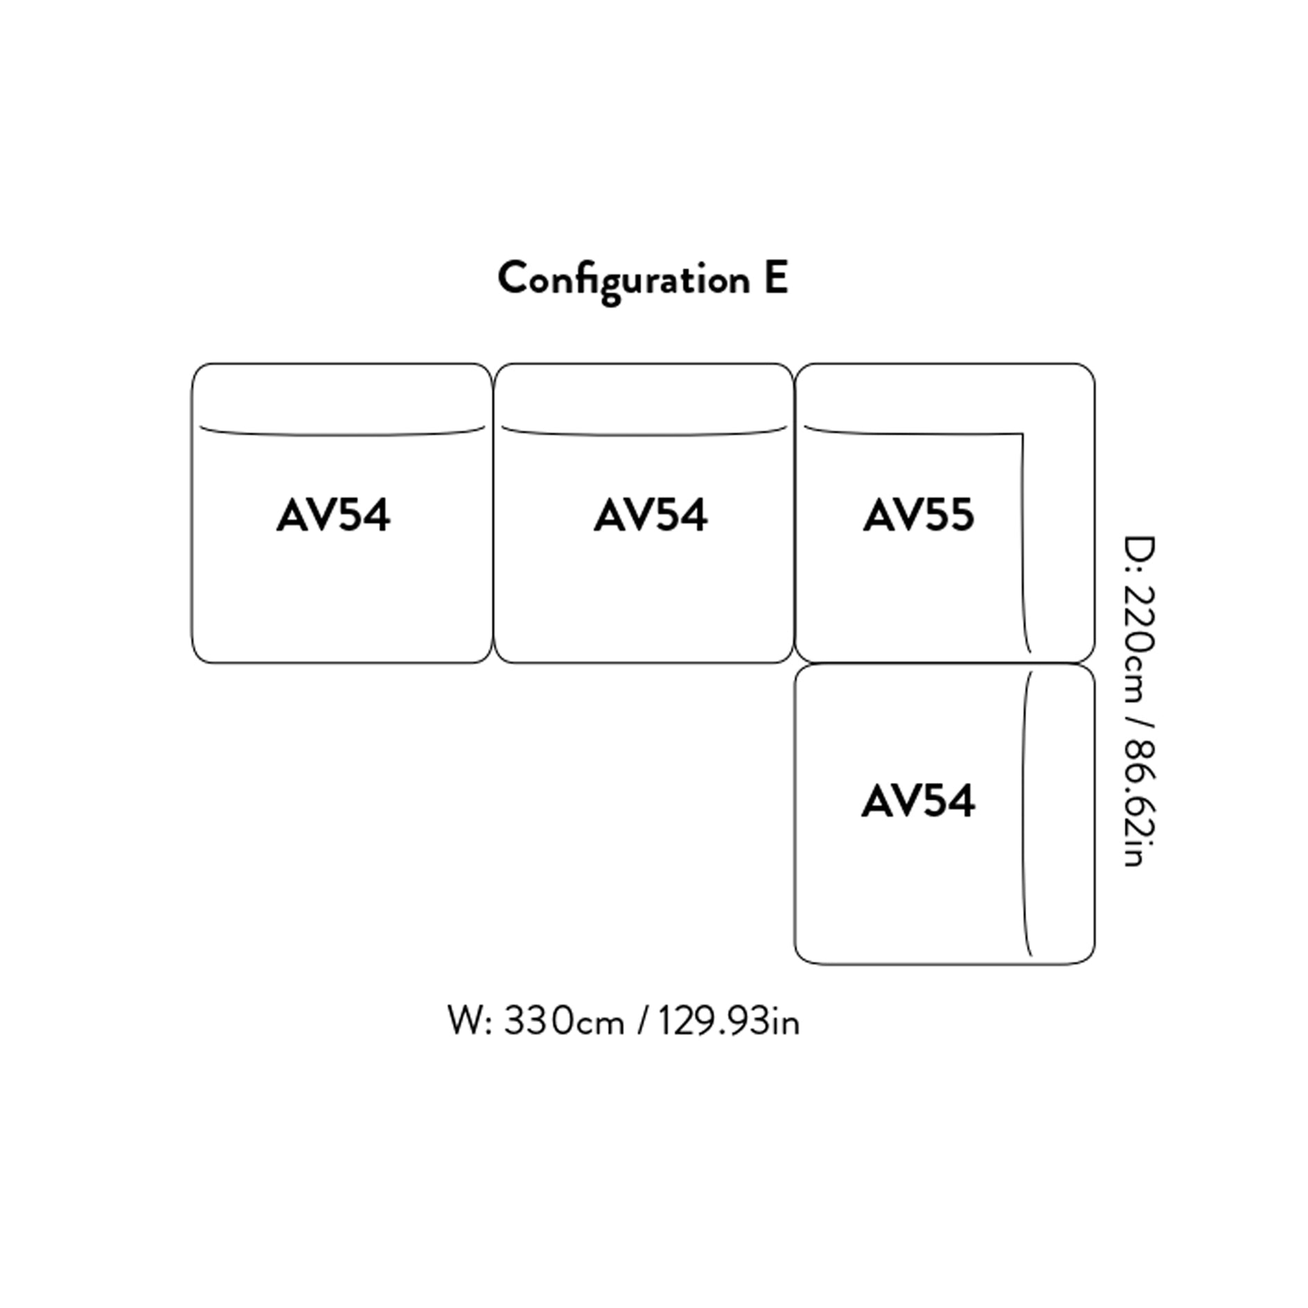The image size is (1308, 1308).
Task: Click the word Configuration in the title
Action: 624,280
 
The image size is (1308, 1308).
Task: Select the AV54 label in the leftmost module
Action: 333,515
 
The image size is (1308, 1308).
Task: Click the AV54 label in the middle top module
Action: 651,515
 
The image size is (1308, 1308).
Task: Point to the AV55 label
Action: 919,515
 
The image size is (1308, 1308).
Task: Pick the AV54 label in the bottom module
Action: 919,801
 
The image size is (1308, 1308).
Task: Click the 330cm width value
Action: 563,1022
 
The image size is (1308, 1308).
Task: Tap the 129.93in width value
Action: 727,1022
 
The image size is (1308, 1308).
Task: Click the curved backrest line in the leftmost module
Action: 342,434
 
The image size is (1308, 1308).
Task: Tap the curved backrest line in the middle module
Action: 644,434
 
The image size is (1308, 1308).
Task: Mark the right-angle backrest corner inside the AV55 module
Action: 1022,434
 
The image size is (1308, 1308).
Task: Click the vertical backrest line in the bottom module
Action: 1024,814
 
